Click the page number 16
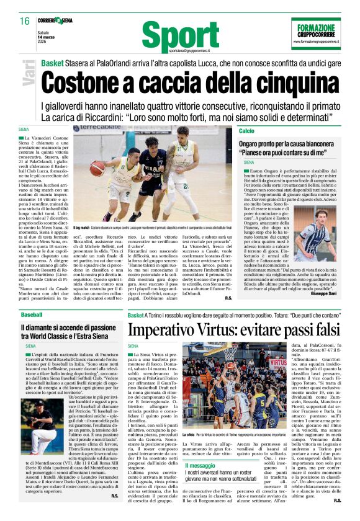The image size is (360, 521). tap(25, 21)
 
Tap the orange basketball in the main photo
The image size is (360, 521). tap(97, 168)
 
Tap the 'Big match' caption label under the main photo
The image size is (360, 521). tap(82, 229)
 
